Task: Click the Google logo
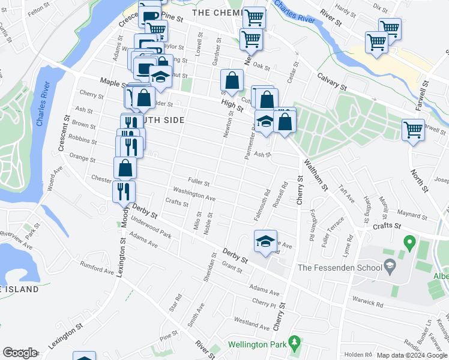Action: [20, 353]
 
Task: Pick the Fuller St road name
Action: [198, 182]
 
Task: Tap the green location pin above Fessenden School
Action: [410, 244]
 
